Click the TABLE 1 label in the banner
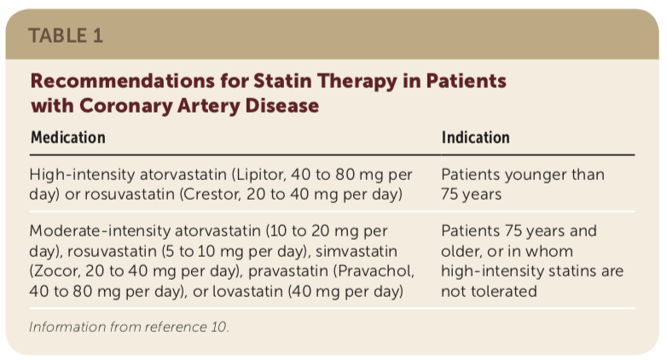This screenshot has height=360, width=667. point(66,35)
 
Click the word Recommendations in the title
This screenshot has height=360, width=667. point(123,80)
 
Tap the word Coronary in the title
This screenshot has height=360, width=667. point(125,106)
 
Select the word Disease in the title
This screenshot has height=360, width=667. point(282,105)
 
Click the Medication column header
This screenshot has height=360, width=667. point(68,137)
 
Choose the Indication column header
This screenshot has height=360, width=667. point(476,137)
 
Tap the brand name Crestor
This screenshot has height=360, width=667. point(210,195)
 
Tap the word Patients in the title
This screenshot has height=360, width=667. point(467,80)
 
